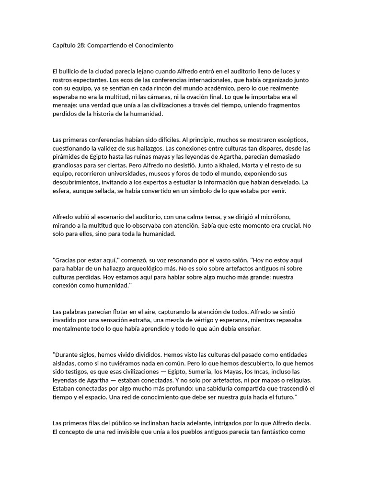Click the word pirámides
coord(66,157)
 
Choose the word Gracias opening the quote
coord(65,261)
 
